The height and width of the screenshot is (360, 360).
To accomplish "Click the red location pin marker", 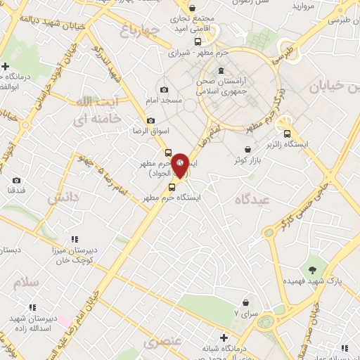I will pyautogui.click(x=180, y=165).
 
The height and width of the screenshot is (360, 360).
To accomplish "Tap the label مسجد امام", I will pyautogui.click(x=186, y=101).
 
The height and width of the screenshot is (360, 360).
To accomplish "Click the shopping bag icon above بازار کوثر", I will pyautogui.click(x=247, y=149).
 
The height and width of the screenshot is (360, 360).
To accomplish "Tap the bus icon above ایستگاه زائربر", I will pyautogui.click(x=286, y=134).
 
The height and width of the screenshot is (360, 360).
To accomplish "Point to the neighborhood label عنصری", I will pyautogui.click(x=163, y=342).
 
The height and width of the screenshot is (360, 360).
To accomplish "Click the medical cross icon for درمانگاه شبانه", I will pyautogui.click(x=224, y=338).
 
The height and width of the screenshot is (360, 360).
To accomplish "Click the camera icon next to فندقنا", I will pyautogui.click(x=17, y=180).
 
